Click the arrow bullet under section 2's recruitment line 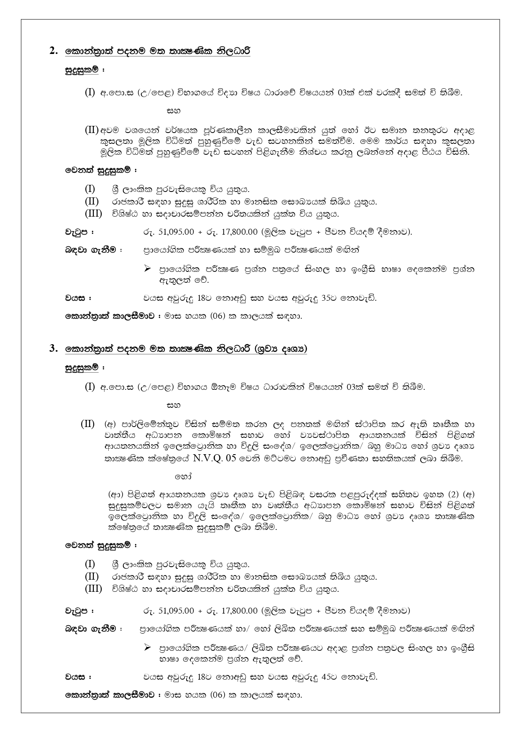tap(147, 269)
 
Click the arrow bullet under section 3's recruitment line tap(147, 647)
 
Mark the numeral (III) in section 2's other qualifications tap(93, 213)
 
